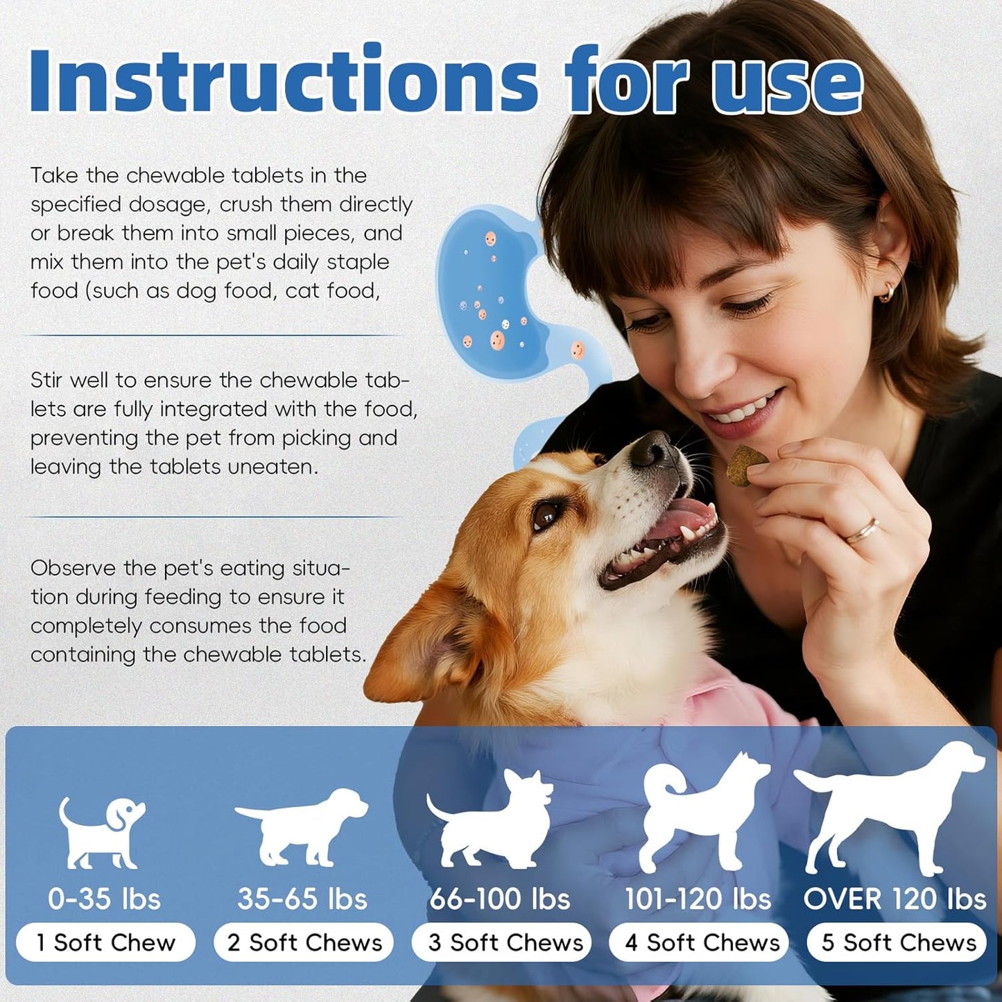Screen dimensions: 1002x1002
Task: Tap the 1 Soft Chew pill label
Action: pos(106,942)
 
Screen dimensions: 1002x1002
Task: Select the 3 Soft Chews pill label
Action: pos(501,942)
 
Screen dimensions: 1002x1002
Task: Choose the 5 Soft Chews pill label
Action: pos(897,942)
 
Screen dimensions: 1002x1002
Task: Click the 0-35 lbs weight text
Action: pos(104,899)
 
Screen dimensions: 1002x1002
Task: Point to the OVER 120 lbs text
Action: pos(895,899)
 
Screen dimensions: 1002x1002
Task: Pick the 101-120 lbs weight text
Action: pos(698,899)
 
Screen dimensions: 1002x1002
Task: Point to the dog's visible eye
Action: pos(547,515)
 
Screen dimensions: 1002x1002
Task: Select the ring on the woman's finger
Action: pos(862,532)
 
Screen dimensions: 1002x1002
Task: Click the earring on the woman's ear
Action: pos(887,294)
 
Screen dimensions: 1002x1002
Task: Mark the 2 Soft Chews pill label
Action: pos(304,942)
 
